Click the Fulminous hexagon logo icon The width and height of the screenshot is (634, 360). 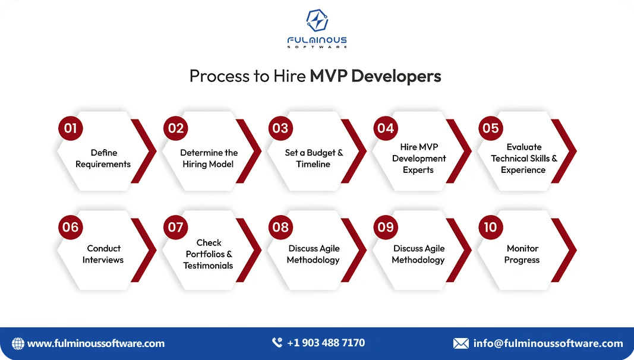coord(317,21)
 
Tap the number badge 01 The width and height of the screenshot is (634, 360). coord(70,128)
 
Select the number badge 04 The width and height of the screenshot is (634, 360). coord(386,128)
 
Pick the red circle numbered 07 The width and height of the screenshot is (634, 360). coord(175,228)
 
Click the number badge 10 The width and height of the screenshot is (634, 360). coord(490,228)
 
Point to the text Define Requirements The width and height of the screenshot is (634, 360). coord(103,159)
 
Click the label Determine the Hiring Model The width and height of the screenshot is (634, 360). coord(209,159)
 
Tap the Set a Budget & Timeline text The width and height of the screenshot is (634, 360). coord(314,159)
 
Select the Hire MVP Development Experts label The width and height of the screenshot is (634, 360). coord(419,159)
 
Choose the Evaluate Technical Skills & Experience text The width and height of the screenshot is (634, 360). coord(523,159)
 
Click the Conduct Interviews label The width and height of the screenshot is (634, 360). coord(103,254)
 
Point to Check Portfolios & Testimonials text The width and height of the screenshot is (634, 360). coord(209,254)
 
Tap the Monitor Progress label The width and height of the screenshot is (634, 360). coord(522,254)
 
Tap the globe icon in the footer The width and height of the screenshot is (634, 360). coord(18,343)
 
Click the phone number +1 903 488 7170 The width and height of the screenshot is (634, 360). coord(326,343)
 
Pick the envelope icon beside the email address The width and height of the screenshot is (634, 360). coord(460,343)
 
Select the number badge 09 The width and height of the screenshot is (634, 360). coord(386,228)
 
